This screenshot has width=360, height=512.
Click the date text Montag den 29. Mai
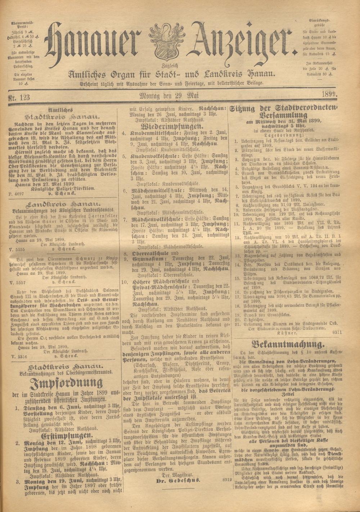coord(169,95)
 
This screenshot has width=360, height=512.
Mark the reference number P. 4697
coord(18,193)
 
